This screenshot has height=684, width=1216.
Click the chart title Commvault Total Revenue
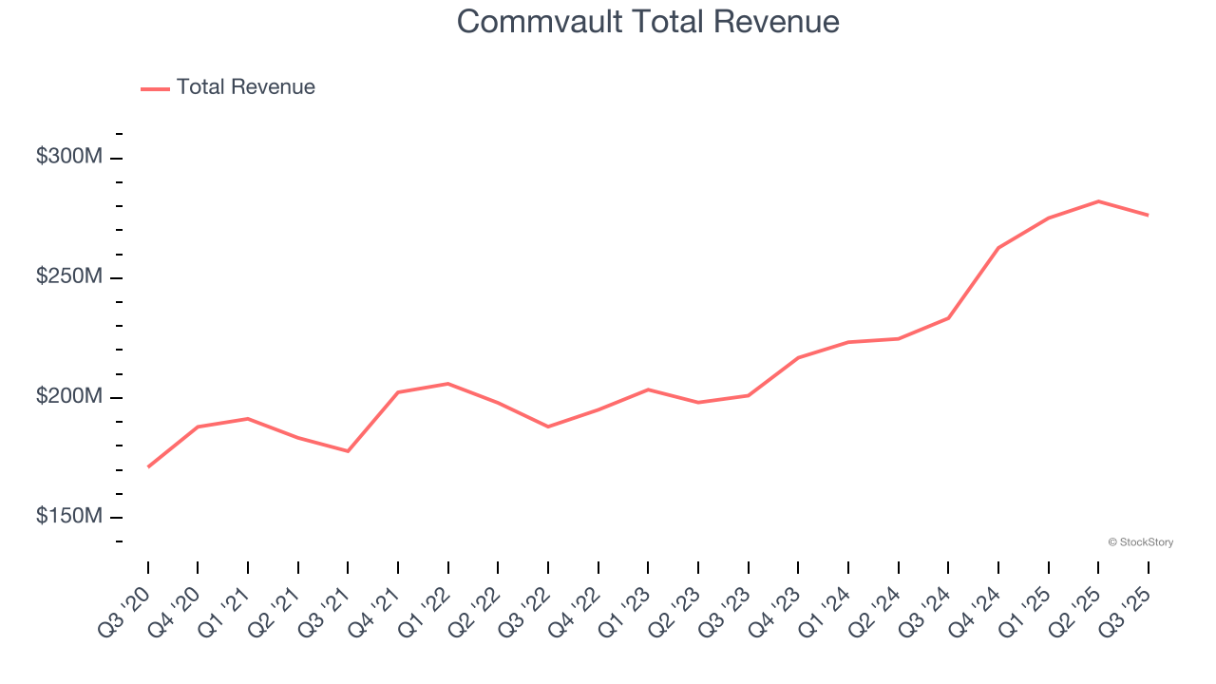648,22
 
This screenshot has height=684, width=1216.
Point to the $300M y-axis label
69,157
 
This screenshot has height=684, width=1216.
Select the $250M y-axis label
69,276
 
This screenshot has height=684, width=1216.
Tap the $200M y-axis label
69,396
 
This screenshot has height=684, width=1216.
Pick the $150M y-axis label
69,516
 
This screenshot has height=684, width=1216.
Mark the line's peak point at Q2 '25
1098,201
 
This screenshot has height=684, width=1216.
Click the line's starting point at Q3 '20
148,466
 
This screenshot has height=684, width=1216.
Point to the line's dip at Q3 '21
348,451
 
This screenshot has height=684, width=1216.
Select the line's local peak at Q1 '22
448,384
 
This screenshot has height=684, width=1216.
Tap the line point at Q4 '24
998,248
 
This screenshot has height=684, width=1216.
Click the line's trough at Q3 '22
548,427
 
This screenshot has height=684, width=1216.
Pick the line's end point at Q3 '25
1148,215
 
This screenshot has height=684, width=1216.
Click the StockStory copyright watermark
1140,542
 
